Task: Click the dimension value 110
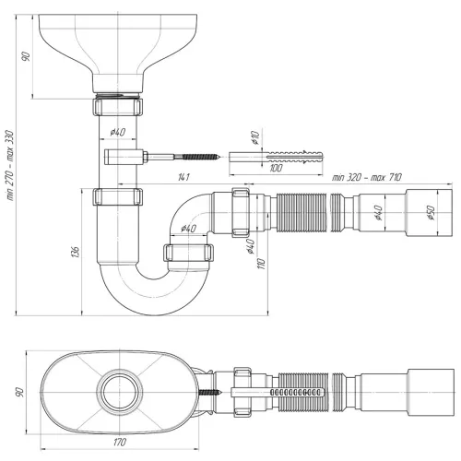pyautogui.click(x=263, y=264)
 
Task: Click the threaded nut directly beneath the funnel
pyautogui.click(x=119, y=105)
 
